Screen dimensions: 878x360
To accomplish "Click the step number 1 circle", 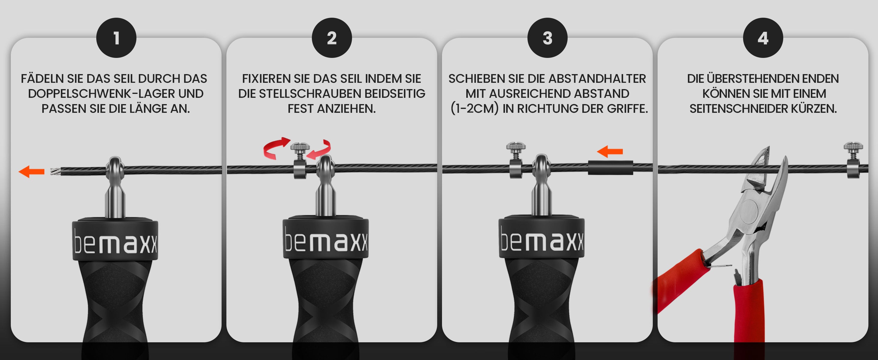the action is coord(116,38).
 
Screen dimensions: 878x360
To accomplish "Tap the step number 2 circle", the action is coord(332,38).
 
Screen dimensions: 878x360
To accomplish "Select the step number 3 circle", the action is coord(547,38).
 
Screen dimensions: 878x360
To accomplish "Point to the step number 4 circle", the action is coord(763,38).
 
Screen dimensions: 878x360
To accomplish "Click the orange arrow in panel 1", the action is coord(31,172).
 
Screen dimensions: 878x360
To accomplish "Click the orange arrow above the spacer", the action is coord(610,151).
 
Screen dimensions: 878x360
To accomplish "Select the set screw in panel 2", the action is coord(300,160).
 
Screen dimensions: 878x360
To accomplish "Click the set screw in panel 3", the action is coord(516,160).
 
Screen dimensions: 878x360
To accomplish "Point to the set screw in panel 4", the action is coord(853,160).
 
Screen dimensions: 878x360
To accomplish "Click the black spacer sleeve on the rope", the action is coord(611,168).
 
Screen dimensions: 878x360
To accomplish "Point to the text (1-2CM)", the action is coord(474,108).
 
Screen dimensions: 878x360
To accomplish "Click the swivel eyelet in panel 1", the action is coord(115,168).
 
